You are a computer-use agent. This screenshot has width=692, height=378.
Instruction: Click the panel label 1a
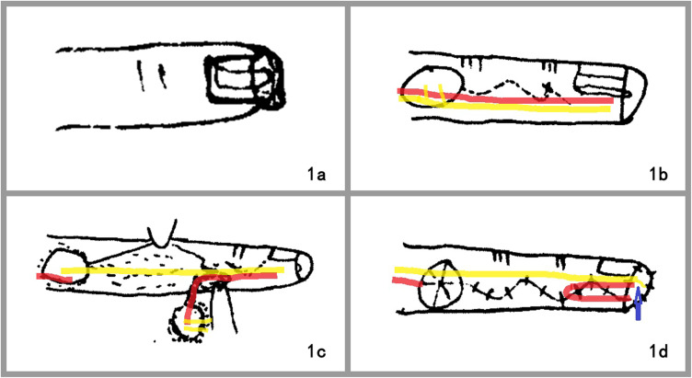coord(316,175)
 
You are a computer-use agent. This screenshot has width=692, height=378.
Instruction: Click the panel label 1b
coord(659,175)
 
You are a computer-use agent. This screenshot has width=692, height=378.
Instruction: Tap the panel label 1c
coord(316,351)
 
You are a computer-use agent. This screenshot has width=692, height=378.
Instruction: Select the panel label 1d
coord(659,351)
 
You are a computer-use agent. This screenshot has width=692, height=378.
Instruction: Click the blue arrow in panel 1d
coord(638,304)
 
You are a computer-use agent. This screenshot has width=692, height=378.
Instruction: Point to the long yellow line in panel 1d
coord(516,274)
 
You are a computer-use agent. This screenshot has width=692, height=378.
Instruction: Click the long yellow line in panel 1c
coord(172,270)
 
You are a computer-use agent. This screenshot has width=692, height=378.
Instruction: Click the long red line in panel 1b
coord(505,97)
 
